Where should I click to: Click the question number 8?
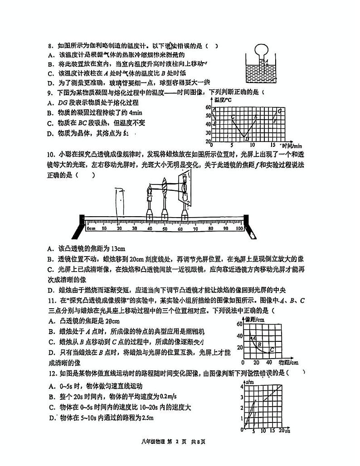51,46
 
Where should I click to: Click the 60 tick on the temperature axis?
209,107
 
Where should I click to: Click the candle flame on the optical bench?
148,187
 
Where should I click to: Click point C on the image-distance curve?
272,349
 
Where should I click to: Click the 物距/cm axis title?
288,363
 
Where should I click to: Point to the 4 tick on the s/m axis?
242,385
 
